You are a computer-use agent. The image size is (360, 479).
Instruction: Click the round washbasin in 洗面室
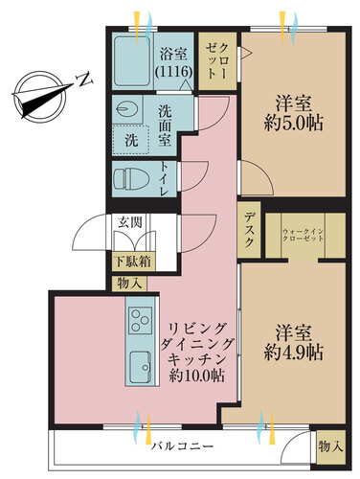[x=124, y=110]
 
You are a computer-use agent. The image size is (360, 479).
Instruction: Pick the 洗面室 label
[x=165, y=125]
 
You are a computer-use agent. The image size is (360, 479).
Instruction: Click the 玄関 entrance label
[x=127, y=222]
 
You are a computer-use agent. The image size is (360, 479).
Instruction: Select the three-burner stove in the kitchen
[x=140, y=319]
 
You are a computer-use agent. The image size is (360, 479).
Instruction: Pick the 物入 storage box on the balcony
[x=327, y=445]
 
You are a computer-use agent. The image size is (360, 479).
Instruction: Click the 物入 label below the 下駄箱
[x=127, y=283]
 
